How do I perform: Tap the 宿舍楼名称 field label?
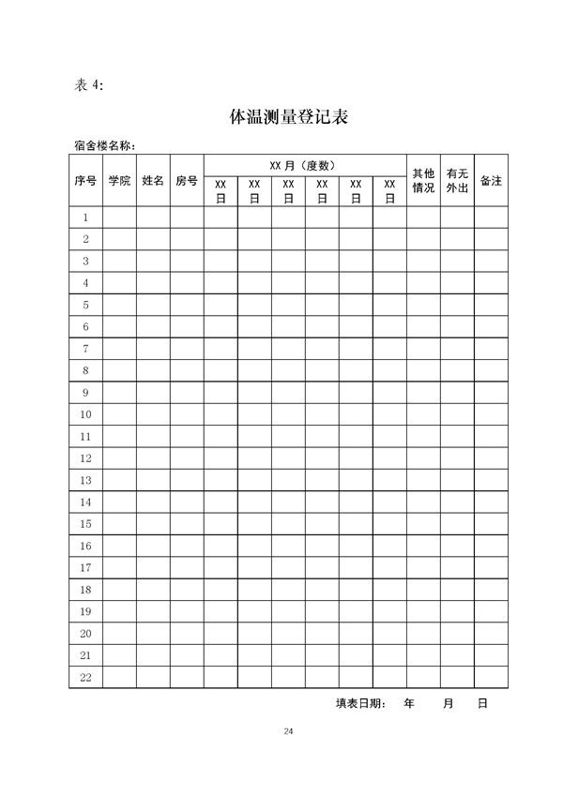tap(104, 146)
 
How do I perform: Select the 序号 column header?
tap(85, 180)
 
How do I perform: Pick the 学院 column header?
tap(119, 180)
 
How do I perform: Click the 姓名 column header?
tap(153, 180)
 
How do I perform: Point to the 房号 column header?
tap(187, 180)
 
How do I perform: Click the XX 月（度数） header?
tap(304, 164)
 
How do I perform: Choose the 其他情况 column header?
tap(423, 180)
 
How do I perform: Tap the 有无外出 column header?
tap(457, 180)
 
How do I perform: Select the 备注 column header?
tap(491, 180)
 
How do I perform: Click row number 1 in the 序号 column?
tap(85, 217)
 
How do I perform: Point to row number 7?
tap(85, 349)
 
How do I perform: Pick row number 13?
tap(85, 480)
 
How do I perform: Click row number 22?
tap(85, 677)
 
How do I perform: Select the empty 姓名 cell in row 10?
tap(153, 414)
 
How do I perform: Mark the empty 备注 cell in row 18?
tap(491, 590)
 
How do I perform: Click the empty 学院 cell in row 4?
tap(119, 283)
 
